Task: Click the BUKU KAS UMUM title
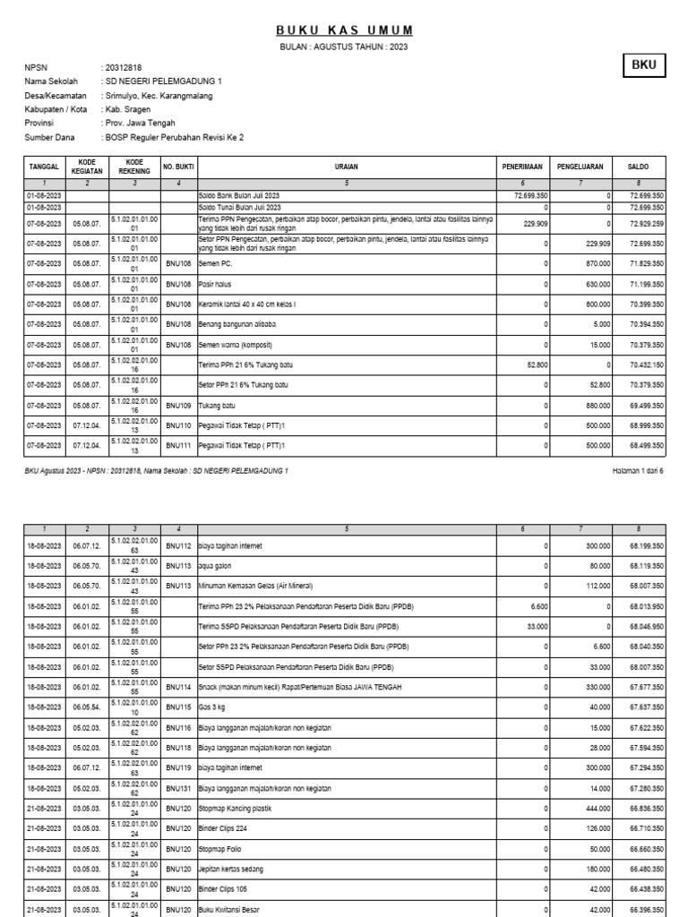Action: pos(344,30)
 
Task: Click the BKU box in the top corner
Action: pos(644,66)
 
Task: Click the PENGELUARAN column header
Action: pos(580,167)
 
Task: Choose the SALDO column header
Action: pos(640,167)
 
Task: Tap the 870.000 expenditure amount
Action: pos(595,263)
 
